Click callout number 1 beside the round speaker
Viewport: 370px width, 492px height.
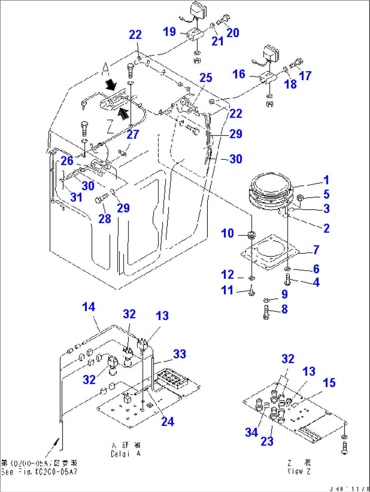click(326, 180)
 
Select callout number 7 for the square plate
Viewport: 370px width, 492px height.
click(316, 250)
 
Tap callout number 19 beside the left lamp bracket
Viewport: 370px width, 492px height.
click(169, 32)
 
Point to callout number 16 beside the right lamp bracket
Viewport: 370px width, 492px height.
click(239, 74)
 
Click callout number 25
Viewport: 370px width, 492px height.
click(206, 78)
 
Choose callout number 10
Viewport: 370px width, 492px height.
click(227, 233)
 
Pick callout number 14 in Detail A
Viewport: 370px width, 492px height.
click(89, 307)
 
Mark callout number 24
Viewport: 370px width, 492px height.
click(168, 421)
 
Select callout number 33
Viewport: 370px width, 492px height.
click(180, 354)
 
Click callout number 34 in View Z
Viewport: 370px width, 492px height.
click(252, 432)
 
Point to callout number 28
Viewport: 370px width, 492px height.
click(105, 219)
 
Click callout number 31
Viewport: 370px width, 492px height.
click(76, 197)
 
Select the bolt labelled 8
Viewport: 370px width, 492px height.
click(266, 312)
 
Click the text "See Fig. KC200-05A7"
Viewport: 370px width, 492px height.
click(39, 472)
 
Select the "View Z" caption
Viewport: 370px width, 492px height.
click(299, 471)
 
